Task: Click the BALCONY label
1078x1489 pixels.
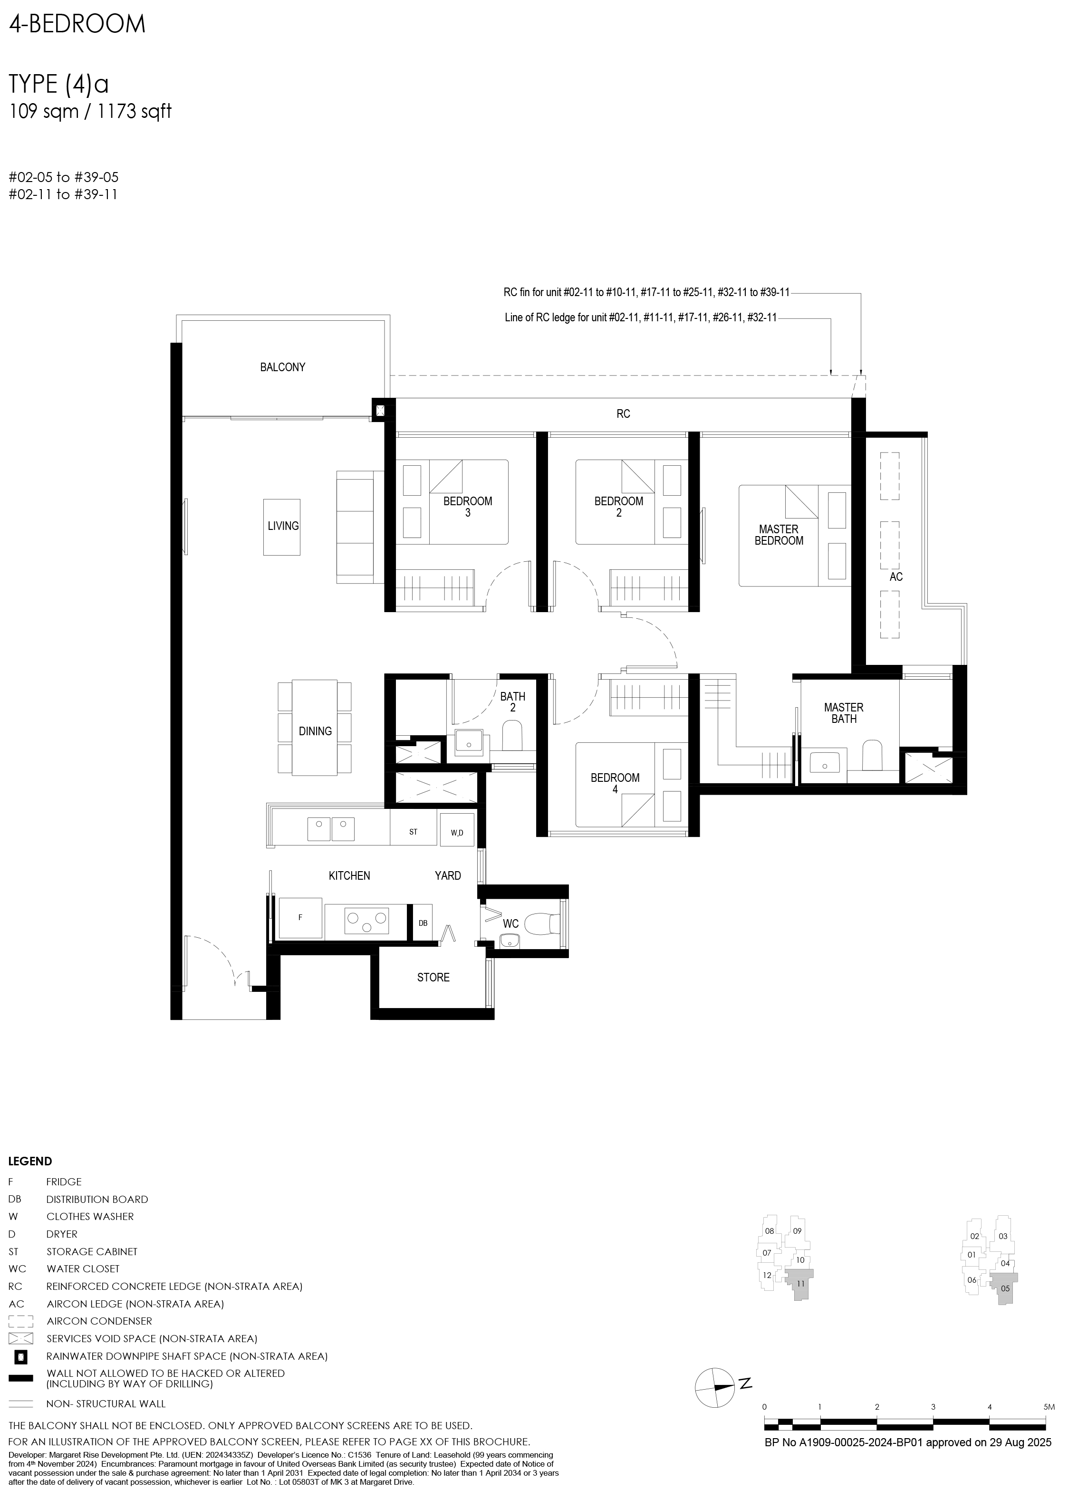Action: pyautogui.click(x=282, y=367)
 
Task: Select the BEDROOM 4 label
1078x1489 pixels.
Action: pyautogui.click(x=615, y=783)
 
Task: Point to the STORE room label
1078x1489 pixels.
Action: pyautogui.click(x=433, y=978)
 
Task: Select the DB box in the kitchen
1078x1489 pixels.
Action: pyautogui.click(x=423, y=923)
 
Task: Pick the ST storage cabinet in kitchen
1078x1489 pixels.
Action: pyautogui.click(x=413, y=832)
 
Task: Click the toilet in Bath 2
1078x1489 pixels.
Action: pyautogui.click(x=511, y=735)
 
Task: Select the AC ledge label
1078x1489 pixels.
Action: pyautogui.click(x=895, y=576)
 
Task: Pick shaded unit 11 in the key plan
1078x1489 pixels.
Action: pyautogui.click(x=799, y=1301)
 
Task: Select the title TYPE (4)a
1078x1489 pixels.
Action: pyautogui.click(x=58, y=86)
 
